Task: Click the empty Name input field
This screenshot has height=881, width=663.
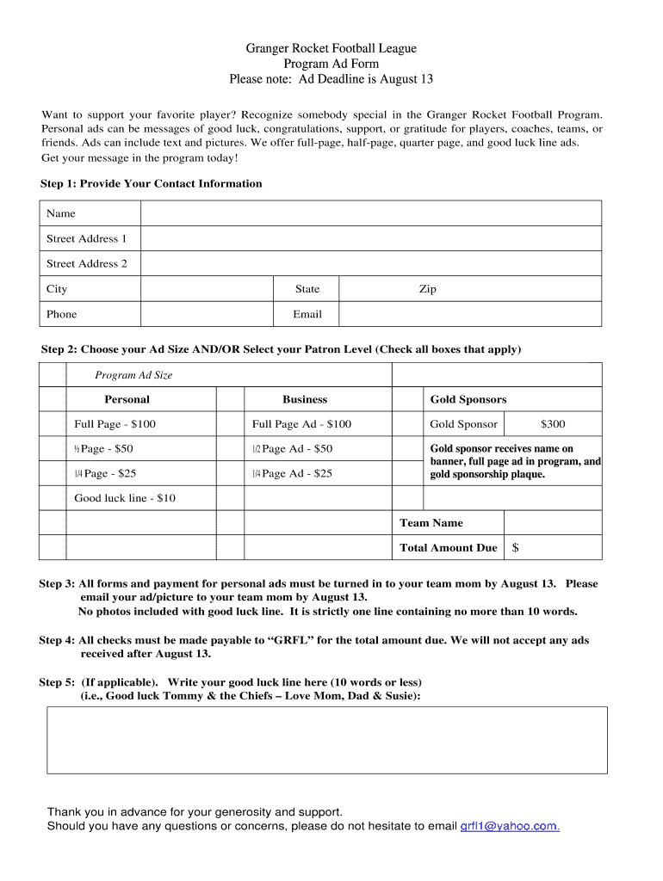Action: coord(370,213)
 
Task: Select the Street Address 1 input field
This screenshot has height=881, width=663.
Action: coord(370,238)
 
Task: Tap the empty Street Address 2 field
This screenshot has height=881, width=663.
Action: coord(370,263)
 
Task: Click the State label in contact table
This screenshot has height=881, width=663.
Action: coord(307,289)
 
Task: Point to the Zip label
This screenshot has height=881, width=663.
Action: coord(427,289)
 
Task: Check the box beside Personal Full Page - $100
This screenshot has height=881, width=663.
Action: coord(53,424)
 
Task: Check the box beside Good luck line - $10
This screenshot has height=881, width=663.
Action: coord(53,498)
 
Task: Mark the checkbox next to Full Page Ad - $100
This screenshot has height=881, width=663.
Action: coord(230,424)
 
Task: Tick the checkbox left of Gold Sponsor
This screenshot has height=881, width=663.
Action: coord(407,424)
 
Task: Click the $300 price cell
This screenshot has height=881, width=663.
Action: coord(553,424)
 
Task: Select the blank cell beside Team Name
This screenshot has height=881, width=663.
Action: coord(553,523)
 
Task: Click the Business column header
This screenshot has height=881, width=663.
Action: coord(305,399)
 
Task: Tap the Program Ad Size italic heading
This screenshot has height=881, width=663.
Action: coord(133,375)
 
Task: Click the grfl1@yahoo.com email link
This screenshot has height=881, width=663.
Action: coord(510,826)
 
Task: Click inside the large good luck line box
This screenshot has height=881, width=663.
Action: coord(326,740)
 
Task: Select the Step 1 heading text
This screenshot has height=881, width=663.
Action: coord(152,183)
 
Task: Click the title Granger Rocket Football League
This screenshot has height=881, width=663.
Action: coord(331,49)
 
